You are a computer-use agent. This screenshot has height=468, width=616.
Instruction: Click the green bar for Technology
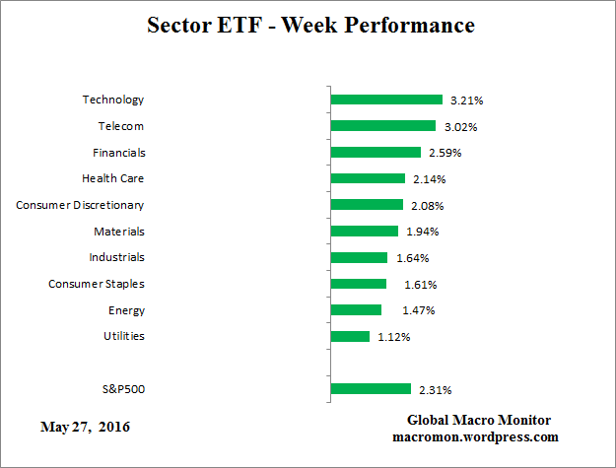click(x=386, y=100)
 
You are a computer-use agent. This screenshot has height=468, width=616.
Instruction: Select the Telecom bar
click(x=383, y=126)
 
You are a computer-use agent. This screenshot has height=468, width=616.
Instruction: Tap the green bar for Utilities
click(x=351, y=336)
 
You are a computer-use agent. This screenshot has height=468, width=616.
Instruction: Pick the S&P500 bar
click(x=371, y=389)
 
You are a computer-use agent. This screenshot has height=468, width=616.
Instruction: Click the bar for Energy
click(x=357, y=310)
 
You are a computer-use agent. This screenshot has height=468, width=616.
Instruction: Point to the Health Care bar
click(x=369, y=178)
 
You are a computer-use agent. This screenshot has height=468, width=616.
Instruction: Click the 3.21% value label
click(x=467, y=100)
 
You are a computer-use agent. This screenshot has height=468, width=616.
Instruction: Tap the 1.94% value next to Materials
click(x=422, y=232)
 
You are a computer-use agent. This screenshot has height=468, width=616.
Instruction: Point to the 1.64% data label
click(x=412, y=258)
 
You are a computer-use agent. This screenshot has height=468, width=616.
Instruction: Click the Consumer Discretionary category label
click(x=80, y=205)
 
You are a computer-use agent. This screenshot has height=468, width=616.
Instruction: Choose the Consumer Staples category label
click(x=97, y=284)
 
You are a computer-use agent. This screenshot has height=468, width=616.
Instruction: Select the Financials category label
click(x=118, y=153)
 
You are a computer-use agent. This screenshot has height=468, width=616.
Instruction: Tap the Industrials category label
click(x=116, y=257)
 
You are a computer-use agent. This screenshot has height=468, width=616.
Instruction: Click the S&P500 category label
click(x=123, y=389)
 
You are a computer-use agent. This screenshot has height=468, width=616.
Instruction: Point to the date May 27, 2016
click(x=84, y=428)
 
